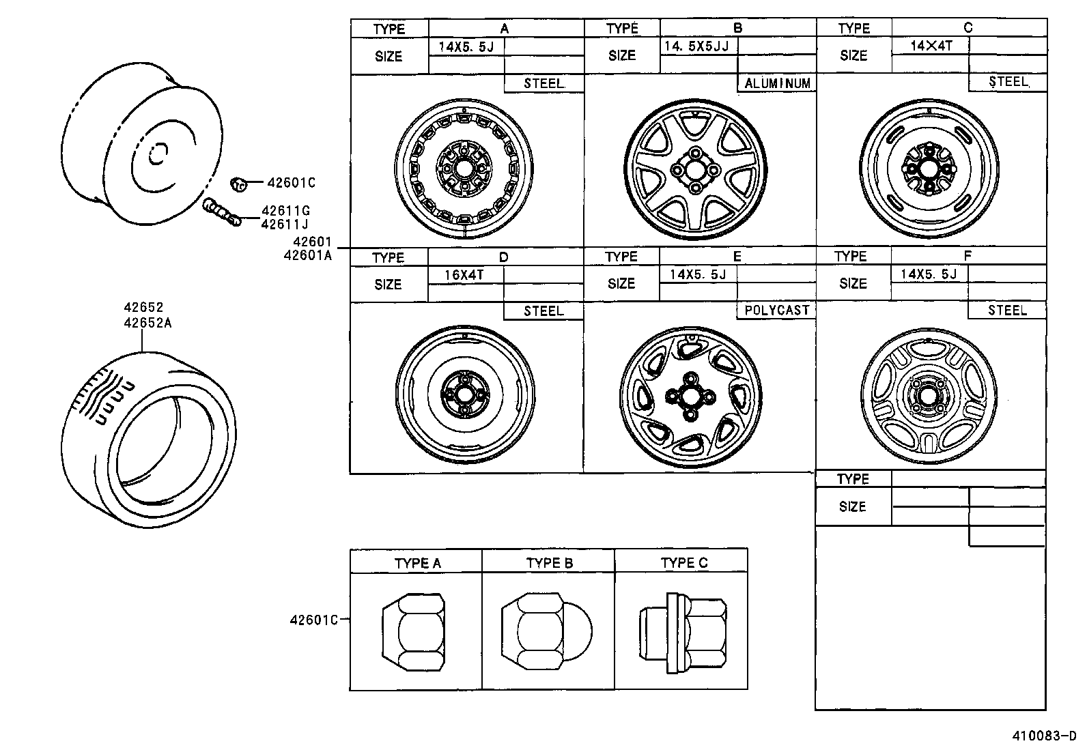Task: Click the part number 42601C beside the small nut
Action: tap(291, 182)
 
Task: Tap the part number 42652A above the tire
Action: tap(147, 323)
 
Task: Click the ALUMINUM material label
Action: tap(777, 83)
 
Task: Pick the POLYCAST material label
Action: tap(776, 310)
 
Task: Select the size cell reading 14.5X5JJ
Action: tap(696, 46)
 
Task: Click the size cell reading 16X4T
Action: tap(464, 275)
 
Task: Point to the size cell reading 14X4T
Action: tap(931, 46)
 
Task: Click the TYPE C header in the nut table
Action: tap(683, 563)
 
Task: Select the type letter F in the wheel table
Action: tap(968, 257)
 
